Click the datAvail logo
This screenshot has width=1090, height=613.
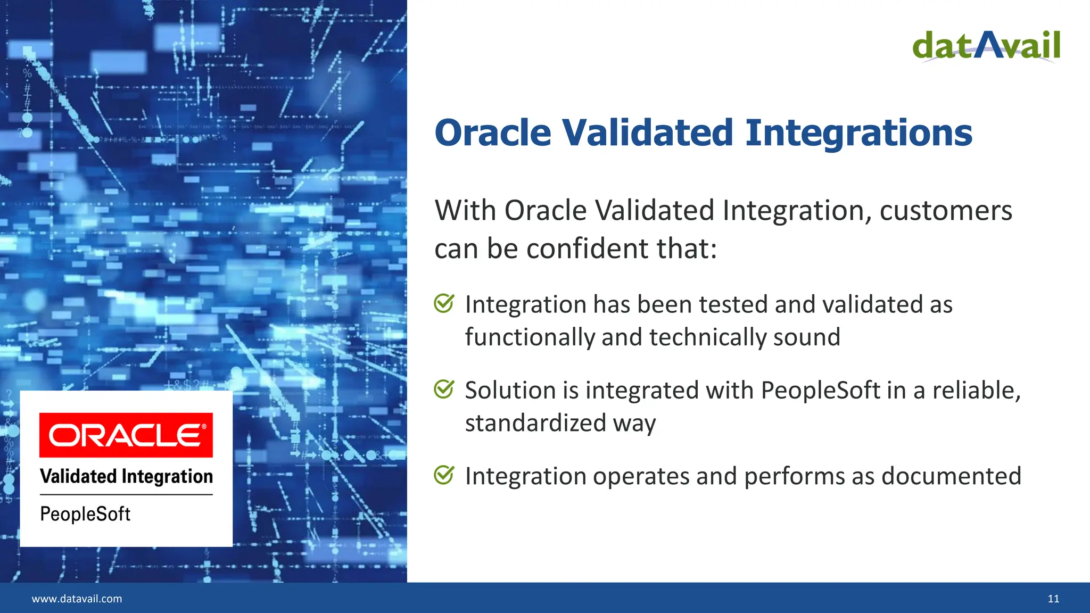[x=986, y=46]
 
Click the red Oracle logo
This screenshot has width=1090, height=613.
[x=126, y=435]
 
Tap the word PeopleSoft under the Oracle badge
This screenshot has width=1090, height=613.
[x=85, y=514]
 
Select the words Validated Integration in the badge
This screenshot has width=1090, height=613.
[x=126, y=476]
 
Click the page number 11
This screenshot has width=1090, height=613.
[x=1053, y=599]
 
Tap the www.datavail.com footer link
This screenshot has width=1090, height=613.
[x=77, y=599]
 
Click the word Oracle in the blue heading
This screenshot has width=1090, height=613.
[x=493, y=132]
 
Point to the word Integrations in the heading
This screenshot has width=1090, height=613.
[x=858, y=132]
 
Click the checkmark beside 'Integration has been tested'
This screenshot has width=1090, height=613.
[x=444, y=303]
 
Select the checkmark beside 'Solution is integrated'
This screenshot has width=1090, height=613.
[x=444, y=389]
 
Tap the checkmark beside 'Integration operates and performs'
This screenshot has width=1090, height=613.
[x=444, y=475]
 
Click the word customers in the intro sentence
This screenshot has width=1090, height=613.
[x=945, y=211]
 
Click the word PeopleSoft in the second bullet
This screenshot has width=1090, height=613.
[x=820, y=390]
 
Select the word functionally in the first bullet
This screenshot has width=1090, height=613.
[x=530, y=337]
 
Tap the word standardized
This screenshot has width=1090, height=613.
[x=535, y=423]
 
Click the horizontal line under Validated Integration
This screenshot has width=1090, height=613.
[x=126, y=495]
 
